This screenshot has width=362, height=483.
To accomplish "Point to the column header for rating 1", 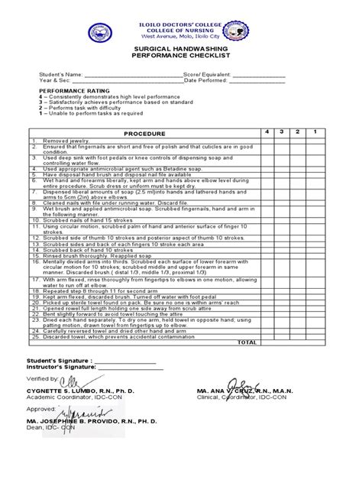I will point(315,131).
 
